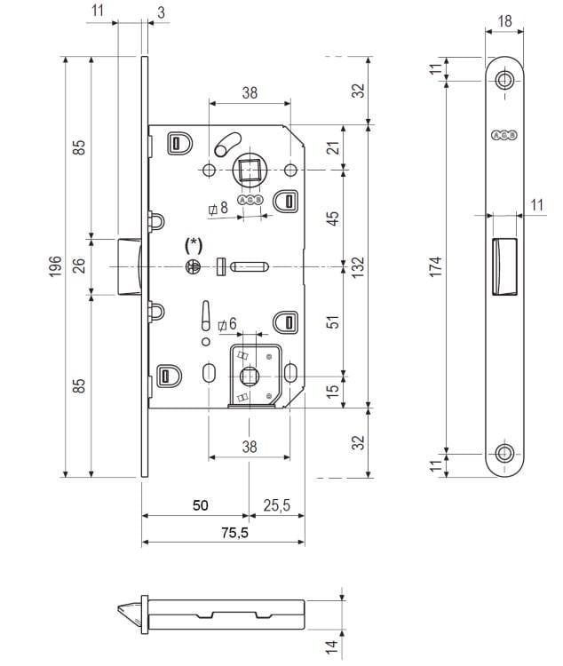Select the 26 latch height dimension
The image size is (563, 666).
pyautogui.click(x=79, y=266)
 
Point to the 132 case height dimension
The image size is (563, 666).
pyautogui.click(x=359, y=266)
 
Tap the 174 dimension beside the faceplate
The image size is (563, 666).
pyautogui.click(x=436, y=266)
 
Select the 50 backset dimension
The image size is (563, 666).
pyautogui.click(x=201, y=505)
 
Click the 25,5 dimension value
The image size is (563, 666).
pyautogui.click(x=277, y=505)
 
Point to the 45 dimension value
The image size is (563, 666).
pyautogui.click(x=334, y=218)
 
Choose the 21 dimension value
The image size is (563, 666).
pyautogui.click(x=334, y=147)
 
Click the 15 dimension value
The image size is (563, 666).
pyautogui.click(x=334, y=391)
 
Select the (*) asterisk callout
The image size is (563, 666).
pyautogui.click(x=194, y=243)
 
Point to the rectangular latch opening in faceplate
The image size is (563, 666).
pyautogui.click(x=503, y=264)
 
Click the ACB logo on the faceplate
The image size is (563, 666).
pyautogui.click(x=504, y=135)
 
